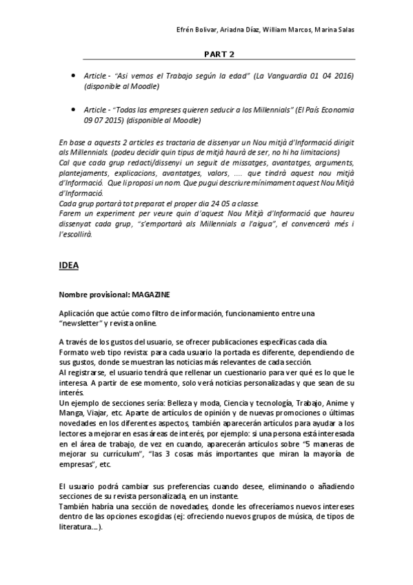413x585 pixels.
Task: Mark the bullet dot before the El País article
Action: (x=74, y=109)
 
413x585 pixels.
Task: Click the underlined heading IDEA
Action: (x=69, y=264)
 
